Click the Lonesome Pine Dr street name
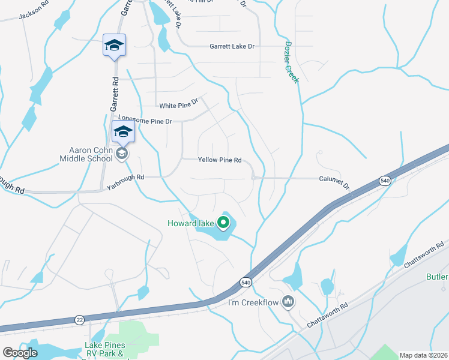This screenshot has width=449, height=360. [145, 119]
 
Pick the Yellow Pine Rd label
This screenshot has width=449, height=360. [220, 160]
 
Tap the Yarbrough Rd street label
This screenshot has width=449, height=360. [126, 178]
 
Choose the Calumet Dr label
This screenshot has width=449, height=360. [334, 179]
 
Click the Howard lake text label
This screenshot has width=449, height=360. [190, 224]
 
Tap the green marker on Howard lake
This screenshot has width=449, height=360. [223, 223]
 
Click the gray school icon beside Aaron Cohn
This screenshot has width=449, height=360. [122, 154]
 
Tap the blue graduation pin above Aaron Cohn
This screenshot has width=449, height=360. [123, 131]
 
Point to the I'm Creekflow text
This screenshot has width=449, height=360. [253, 302]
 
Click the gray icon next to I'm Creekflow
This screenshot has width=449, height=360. [288, 301]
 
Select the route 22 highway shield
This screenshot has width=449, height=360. [80, 320]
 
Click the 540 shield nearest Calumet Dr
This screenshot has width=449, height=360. [384, 181]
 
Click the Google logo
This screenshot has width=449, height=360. [20, 353]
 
